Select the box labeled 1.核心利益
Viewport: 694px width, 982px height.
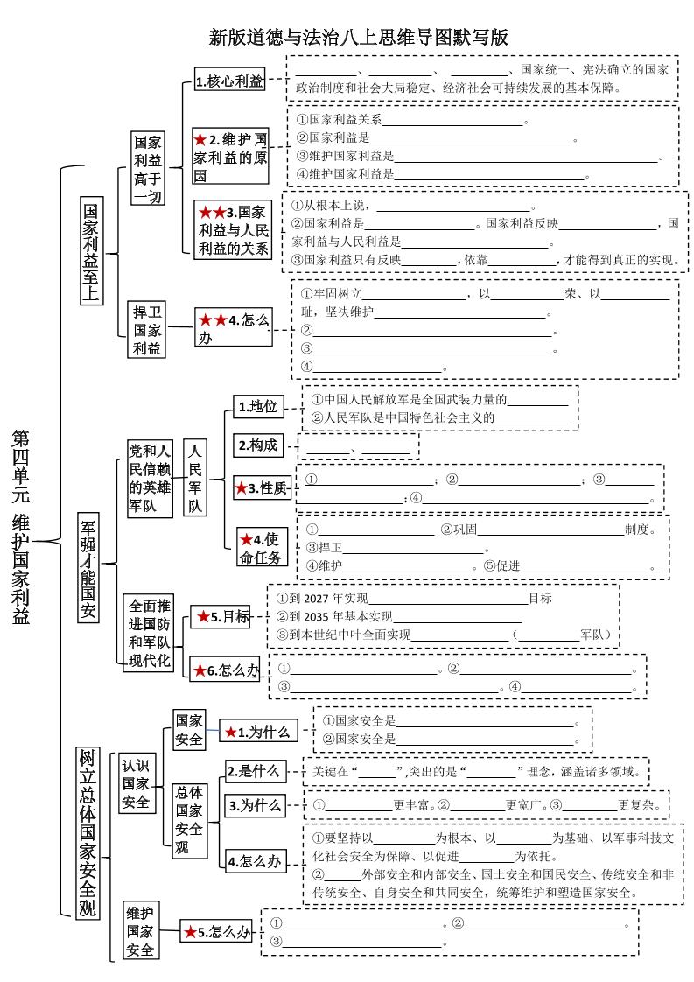229,81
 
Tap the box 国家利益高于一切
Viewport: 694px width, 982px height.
147,169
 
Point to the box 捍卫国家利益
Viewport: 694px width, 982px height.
147,330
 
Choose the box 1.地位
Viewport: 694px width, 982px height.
256,406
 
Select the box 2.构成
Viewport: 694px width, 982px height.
256,445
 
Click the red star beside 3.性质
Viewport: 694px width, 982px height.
242,488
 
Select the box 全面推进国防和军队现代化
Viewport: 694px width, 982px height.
150,633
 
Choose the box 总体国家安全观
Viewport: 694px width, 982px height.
189,820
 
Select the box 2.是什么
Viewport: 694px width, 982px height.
253,771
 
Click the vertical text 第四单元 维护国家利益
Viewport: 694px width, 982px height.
21,526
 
